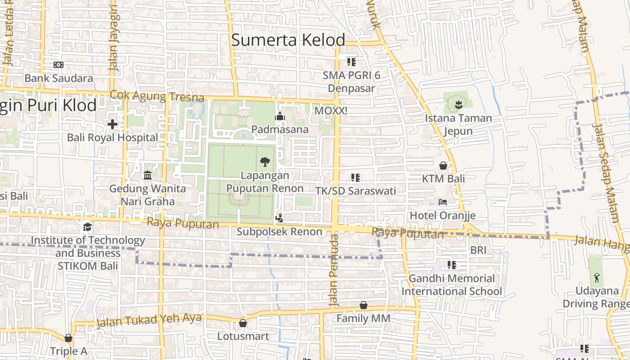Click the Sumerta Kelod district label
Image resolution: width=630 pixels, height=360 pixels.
pos(288,40)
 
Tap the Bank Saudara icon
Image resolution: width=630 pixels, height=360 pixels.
pos(58,65)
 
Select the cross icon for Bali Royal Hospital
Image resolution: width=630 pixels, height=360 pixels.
pos(112,124)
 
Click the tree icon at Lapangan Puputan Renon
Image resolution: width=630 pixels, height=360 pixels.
pos(265,162)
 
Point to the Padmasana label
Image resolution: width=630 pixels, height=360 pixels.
pos(280,130)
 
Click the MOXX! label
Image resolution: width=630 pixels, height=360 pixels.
pos(331,110)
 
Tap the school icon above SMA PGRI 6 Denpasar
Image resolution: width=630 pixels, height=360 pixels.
pos(351,62)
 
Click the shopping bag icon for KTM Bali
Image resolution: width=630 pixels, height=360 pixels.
pos(443,166)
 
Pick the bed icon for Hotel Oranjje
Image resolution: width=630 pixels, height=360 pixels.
pos(443,202)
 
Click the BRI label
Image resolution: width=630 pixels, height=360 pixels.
pos(478,250)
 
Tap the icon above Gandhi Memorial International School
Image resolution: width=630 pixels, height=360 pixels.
pos(451,265)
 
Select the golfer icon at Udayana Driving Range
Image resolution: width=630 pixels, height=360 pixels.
pos(597,277)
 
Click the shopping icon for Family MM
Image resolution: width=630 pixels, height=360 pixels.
pos(364,306)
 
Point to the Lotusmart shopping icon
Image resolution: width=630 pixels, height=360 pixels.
pos(243,323)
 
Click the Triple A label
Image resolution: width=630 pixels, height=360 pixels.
pos(68,351)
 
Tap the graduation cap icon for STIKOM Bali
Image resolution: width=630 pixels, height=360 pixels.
pos(87,227)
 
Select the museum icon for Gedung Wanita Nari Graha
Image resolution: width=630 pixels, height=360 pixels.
pos(147,175)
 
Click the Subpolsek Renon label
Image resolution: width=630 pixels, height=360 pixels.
pos(279,232)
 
